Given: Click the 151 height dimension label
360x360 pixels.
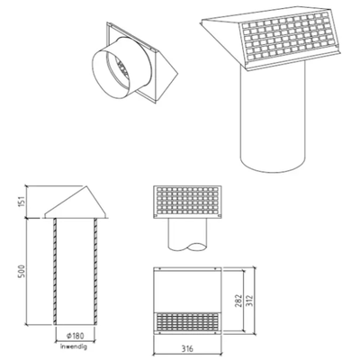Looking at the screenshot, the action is pos(22,202).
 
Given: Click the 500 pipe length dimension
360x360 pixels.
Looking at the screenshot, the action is pos(22,271).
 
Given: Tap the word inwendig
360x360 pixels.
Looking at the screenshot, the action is pos(74,346).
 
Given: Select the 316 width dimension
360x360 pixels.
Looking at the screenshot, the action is pos(187,348).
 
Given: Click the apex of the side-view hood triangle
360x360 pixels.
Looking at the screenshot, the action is pos(87,186).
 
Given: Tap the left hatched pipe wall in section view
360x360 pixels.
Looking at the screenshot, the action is pos(55,271).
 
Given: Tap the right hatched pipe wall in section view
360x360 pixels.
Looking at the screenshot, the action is pos(95,271).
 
